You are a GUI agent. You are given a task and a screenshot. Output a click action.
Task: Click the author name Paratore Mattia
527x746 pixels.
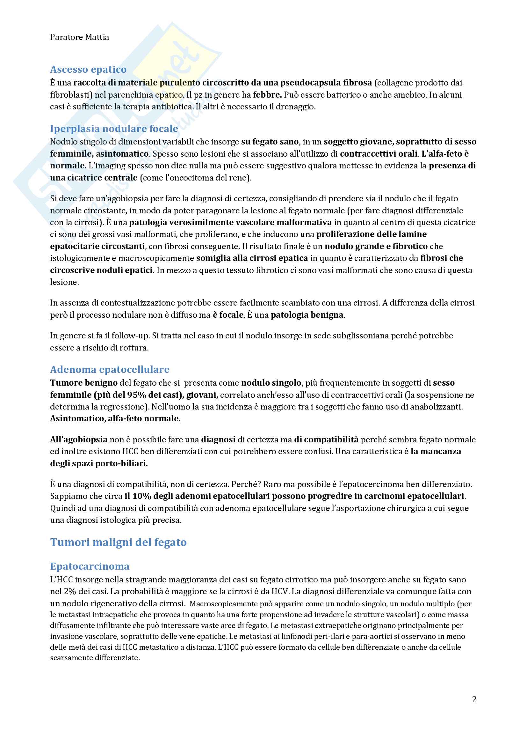[x=80, y=37]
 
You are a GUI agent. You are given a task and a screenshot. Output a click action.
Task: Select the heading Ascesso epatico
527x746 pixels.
[x=88, y=69]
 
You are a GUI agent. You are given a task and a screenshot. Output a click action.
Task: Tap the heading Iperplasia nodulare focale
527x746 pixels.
[x=114, y=129]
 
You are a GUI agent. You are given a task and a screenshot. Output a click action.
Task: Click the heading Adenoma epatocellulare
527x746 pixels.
[x=110, y=369]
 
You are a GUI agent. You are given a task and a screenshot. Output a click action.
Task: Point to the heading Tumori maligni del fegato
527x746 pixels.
[x=119, y=542]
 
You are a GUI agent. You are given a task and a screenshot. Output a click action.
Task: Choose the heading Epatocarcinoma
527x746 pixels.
[x=90, y=566]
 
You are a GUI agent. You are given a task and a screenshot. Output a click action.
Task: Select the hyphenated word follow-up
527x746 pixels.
[x=129, y=336]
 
